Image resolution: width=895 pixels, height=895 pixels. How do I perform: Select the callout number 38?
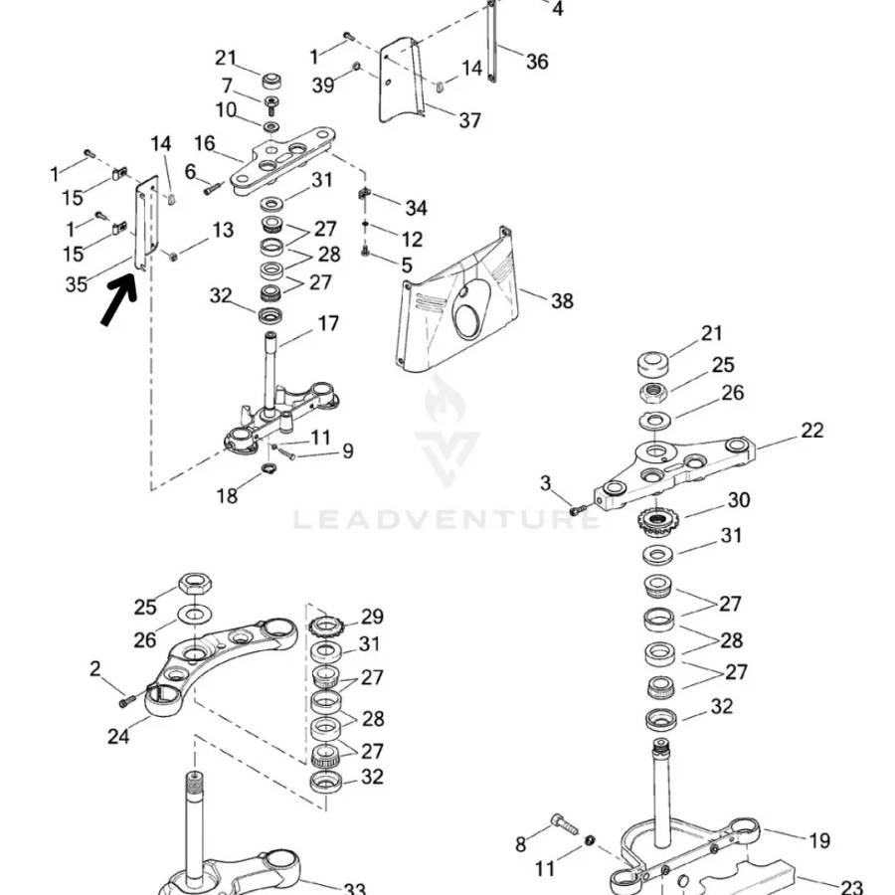(562, 300)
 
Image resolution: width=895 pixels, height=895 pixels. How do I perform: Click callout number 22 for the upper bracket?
(811, 431)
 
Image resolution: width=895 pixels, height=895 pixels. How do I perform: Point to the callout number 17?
(328, 323)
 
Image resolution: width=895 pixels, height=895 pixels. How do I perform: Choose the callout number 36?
(537, 62)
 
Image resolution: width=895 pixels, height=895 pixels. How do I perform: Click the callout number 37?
(469, 120)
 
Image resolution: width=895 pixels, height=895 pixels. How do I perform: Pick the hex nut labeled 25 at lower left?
(193, 584)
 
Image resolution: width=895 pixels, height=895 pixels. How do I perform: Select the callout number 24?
(119, 737)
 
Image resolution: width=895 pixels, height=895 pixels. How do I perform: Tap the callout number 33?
(354, 888)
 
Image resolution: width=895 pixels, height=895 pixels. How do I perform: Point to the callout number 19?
(818, 841)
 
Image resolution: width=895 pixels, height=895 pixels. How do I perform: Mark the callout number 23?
(851, 886)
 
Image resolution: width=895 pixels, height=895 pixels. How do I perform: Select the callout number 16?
(204, 143)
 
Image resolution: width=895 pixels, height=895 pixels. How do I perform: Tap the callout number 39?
(323, 87)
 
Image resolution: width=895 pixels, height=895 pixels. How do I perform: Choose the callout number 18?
(227, 495)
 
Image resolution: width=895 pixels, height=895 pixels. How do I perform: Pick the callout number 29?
(372, 617)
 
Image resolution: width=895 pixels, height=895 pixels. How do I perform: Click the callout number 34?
(416, 208)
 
